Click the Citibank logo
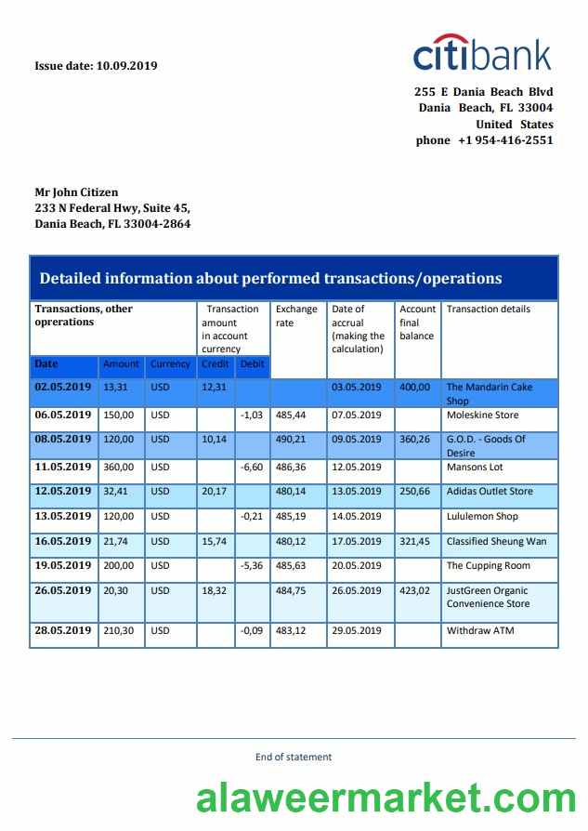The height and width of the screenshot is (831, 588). tap(482, 54)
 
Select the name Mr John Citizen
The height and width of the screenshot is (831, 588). tap(76, 192)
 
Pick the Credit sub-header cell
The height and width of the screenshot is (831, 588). tap(216, 364)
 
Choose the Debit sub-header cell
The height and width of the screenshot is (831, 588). tap(252, 364)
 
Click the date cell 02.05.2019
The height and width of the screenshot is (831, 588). tap(63, 387)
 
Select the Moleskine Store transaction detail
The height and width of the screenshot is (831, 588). tap(482, 415)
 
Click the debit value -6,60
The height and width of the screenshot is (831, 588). tap(252, 467)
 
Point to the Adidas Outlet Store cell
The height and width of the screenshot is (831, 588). tap(490, 491)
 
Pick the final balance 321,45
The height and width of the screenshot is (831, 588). tap(414, 541)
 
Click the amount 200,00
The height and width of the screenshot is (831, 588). tap(119, 566)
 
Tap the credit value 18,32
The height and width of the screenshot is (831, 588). tap(215, 591)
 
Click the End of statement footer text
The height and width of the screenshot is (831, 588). tap(294, 758)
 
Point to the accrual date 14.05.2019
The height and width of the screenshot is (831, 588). tap(357, 517)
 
